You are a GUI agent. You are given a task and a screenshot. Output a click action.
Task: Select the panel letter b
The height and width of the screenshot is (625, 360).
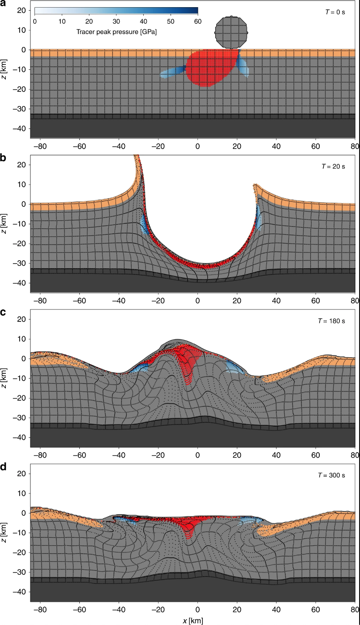(x=3, y=158)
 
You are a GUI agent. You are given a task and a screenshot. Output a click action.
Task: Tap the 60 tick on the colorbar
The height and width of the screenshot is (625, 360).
(x=197, y=21)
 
